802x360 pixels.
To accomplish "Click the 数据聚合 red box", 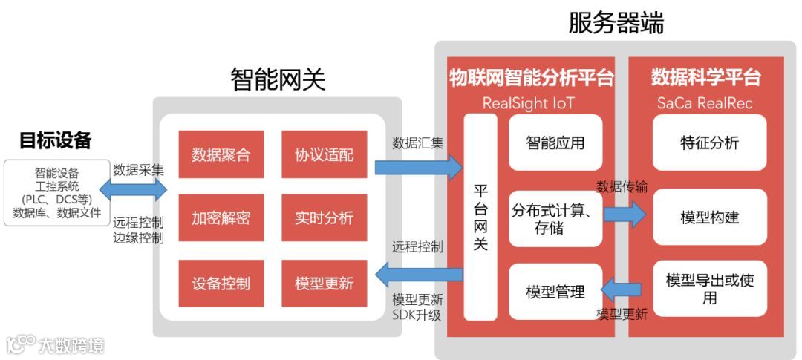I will [221, 155].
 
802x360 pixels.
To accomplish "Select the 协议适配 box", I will [324, 155].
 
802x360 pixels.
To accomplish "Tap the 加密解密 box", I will [221, 218].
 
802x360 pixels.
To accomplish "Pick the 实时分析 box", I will [324, 218].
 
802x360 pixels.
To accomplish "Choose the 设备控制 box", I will [221, 283].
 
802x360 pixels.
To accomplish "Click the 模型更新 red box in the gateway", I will [324, 283].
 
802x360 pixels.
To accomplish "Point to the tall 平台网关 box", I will [480, 217].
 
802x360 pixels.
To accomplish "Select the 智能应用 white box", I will [555, 143].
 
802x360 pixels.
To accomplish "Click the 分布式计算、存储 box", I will [555, 218].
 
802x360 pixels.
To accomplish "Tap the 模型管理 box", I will [555, 292].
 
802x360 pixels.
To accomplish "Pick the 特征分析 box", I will [709, 143].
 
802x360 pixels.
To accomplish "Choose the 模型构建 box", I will [709, 217].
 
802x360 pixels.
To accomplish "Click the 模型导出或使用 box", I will [709, 289].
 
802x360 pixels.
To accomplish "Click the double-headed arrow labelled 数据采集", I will [139, 189].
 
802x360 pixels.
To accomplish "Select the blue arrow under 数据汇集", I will [418, 167].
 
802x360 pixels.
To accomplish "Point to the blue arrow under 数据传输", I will [625, 214].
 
